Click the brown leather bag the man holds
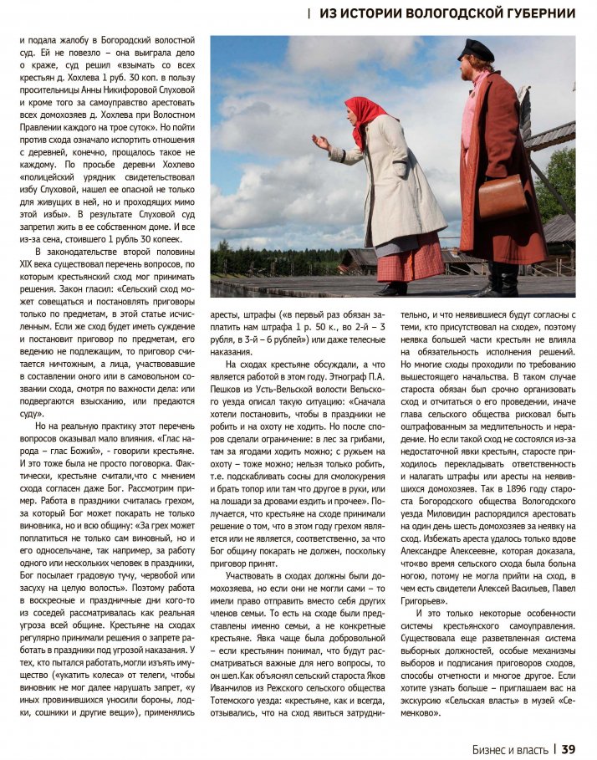pos(503,197)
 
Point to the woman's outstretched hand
pos(319,141)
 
